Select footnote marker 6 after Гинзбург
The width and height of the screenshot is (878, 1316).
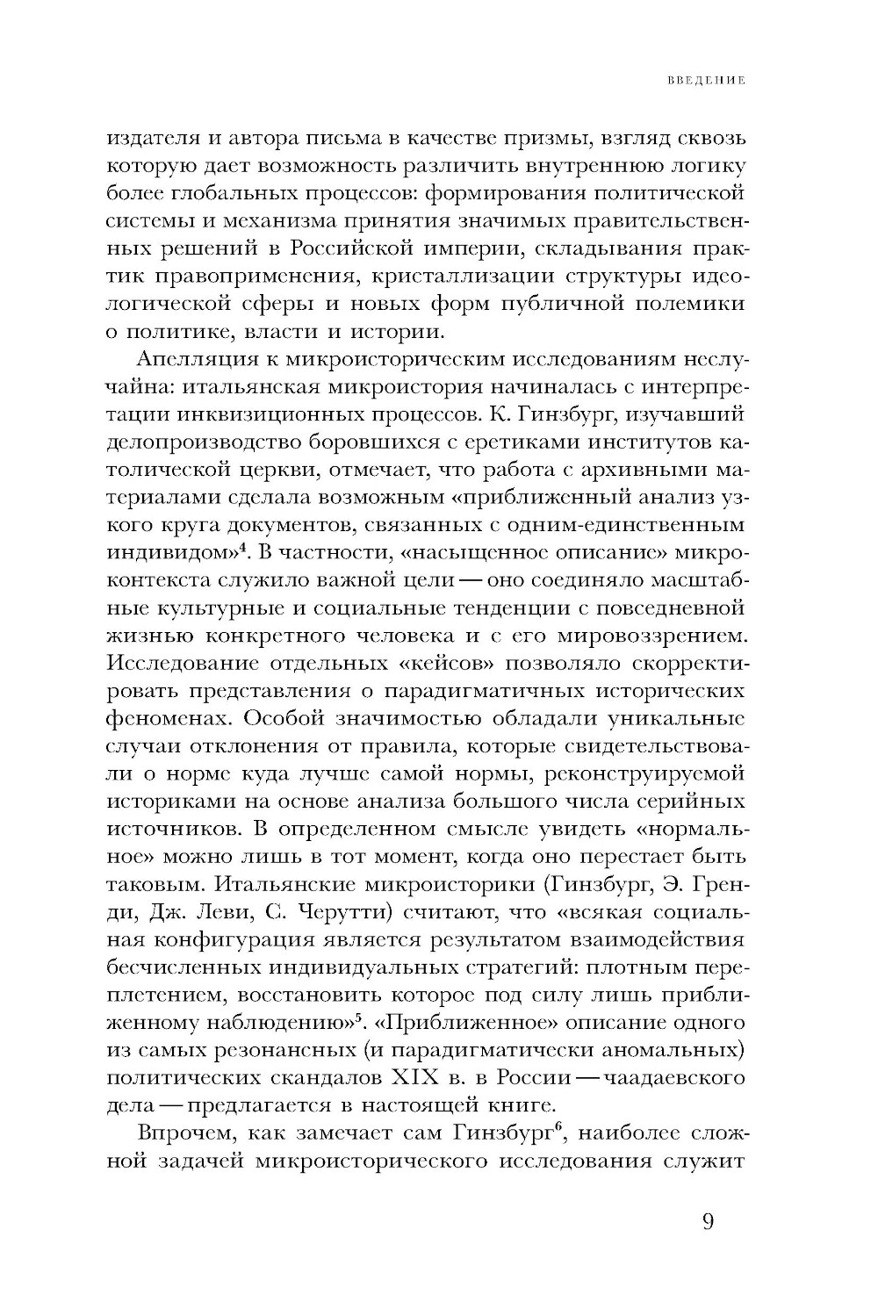point(558,1128)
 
